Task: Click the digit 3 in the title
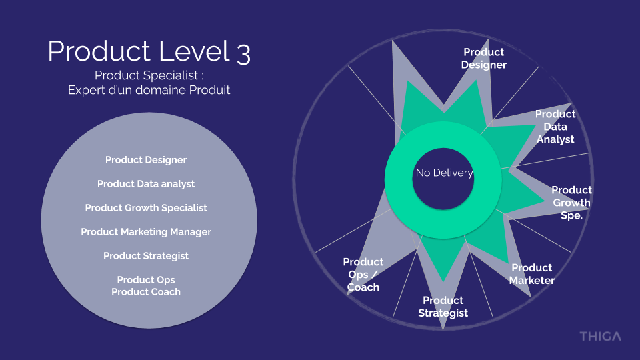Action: (243, 53)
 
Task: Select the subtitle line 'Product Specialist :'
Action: (149, 75)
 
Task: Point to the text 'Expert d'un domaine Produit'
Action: (149, 90)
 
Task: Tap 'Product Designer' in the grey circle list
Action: (146, 160)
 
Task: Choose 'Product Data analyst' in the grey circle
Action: (146, 184)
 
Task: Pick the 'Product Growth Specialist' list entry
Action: (146, 208)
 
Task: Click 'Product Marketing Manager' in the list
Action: (146, 232)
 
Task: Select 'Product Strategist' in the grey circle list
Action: (146, 256)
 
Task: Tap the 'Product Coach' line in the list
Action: (146, 292)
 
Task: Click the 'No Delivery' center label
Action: (443, 173)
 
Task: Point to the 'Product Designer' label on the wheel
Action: (484, 59)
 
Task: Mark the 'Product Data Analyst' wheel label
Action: (555, 127)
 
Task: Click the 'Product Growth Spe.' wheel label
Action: (571, 203)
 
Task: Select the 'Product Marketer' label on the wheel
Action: (532, 274)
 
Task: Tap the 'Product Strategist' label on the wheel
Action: (443, 307)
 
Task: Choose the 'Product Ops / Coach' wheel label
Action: (363, 275)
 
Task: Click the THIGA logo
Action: (600, 336)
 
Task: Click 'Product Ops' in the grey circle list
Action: (146, 280)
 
